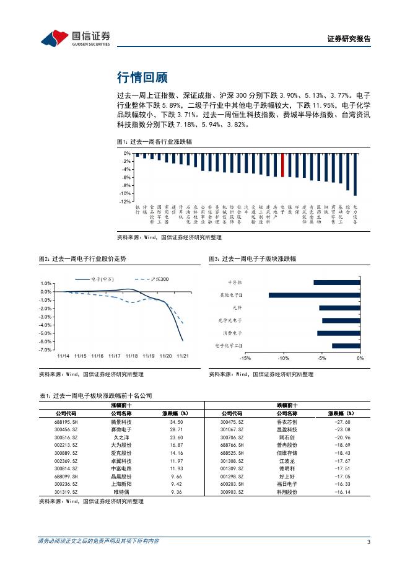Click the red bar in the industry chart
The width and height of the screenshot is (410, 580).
point(283,165)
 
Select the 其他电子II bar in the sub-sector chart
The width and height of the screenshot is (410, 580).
point(314,295)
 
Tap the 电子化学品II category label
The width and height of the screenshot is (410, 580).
point(229,346)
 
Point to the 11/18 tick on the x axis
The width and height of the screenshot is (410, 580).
point(131,356)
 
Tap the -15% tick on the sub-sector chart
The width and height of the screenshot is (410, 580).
point(245,359)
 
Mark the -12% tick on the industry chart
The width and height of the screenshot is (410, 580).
point(124,201)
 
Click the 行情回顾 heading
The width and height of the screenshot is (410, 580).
point(142,77)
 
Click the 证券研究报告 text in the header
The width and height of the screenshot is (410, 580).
point(349,38)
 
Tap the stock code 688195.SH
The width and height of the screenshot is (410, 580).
point(66,421)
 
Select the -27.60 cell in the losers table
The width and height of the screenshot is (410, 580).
point(341,421)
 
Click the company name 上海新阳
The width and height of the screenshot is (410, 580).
point(121,484)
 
